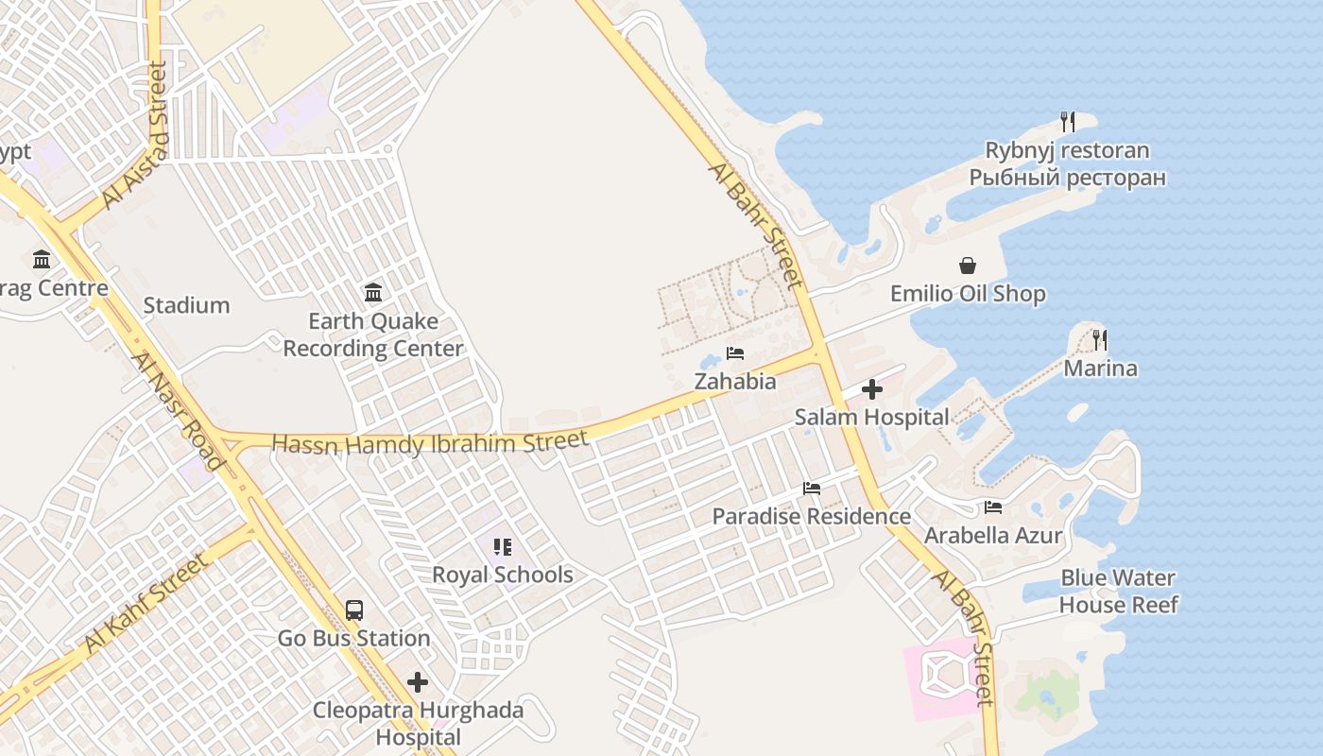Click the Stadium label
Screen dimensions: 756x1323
(x=186, y=305)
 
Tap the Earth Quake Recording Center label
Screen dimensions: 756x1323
(x=373, y=335)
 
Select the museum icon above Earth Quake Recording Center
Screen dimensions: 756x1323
(x=373, y=292)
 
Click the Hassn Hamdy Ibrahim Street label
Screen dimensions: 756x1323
(x=430, y=442)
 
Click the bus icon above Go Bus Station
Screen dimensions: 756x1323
(x=354, y=610)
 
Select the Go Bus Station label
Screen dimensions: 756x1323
(x=354, y=639)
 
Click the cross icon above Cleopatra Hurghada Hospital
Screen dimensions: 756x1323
(x=418, y=681)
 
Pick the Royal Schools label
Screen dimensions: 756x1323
(x=503, y=575)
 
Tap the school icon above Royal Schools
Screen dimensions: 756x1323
(x=503, y=546)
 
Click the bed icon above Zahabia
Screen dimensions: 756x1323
(x=735, y=353)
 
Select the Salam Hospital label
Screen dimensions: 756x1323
(x=871, y=417)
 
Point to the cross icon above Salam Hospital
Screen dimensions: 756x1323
(x=871, y=389)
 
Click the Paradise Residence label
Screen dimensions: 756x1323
(x=811, y=517)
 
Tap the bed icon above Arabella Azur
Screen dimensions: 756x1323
(x=992, y=507)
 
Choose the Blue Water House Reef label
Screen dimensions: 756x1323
(x=1118, y=592)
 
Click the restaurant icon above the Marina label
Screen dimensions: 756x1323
(x=1100, y=340)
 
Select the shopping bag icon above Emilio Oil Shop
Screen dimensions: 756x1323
(x=968, y=266)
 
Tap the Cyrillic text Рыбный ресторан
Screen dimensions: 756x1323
(x=1067, y=178)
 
